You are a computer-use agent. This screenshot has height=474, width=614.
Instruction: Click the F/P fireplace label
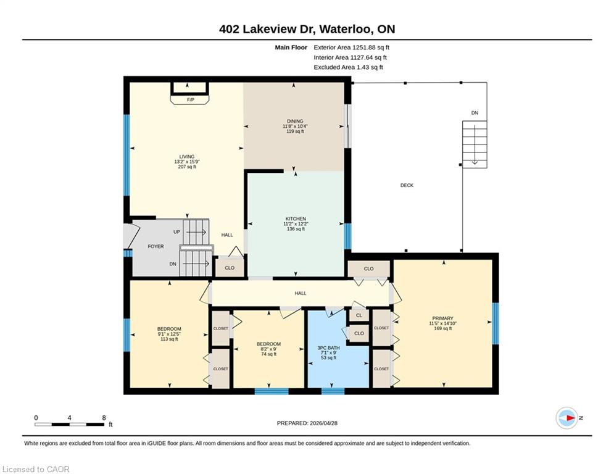pyautogui.click(x=190, y=100)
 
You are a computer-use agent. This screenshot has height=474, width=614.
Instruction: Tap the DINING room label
pyautogui.click(x=295, y=121)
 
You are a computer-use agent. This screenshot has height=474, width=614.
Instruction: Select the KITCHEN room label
pyautogui.click(x=296, y=218)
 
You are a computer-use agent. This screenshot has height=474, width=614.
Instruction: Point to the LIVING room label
pyautogui.click(x=187, y=156)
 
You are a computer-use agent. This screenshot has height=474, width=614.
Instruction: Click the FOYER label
pyautogui.click(x=156, y=246)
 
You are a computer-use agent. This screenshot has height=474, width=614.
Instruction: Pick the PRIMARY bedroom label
pyautogui.click(x=442, y=318)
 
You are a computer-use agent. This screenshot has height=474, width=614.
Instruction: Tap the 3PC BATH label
pyautogui.click(x=328, y=347)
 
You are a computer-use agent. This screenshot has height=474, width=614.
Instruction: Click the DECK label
pyautogui.click(x=407, y=185)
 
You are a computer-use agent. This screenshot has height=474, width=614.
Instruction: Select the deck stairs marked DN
pyautogui.click(x=475, y=144)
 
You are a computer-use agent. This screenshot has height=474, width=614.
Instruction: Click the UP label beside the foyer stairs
pyautogui.click(x=176, y=232)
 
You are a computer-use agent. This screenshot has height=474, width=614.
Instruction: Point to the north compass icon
pyautogui.click(x=567, y=418)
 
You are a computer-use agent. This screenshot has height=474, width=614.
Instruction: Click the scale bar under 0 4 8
pyautogui.click(x=69, y=424)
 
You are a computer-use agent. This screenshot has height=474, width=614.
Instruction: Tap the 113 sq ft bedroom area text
pyautogui.click(x=169, y=339)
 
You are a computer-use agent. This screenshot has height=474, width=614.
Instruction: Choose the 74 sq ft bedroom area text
pyautogui.click(x=268, y=354)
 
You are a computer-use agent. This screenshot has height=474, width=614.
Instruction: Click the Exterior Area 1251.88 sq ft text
pyautogui.click(x=351, y=48)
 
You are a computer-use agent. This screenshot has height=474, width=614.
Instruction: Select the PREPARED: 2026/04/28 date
pyautogui.click(x=307, y=423)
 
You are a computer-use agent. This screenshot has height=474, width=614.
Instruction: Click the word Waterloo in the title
pyautogui.click(x=346, y=29)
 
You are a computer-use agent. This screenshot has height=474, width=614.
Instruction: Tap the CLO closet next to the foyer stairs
pyautogui.click(x=230, y=268)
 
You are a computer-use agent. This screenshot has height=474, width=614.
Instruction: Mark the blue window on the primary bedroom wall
pyautogui.click(x=496, y=323)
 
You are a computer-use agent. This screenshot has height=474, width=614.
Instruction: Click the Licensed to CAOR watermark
pyautogui.click(x=36, y=469)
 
